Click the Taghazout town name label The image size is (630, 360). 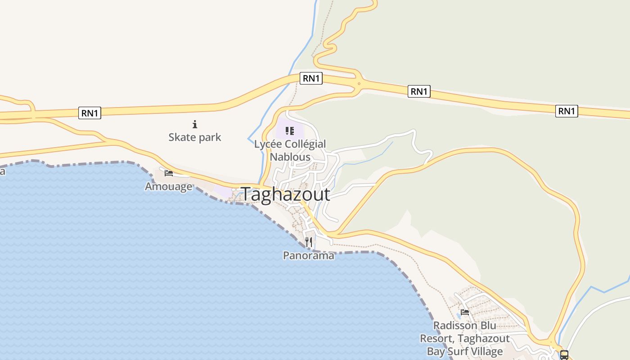pos(286,194)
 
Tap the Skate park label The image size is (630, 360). pos(195,137)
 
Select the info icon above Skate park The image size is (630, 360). pos(195,124)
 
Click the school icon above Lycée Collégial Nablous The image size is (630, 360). pos(290,131)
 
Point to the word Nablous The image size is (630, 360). pos(290,157)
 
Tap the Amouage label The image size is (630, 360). pos(168,186)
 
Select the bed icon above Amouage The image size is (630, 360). pos(169,173)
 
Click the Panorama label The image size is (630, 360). pos(309,256)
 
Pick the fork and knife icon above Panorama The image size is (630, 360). pos(309,242)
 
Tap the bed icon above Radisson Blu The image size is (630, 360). pos(465,312)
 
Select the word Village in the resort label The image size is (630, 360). pos(488,351)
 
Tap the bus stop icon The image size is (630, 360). pos(564,355)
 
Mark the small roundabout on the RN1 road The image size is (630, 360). pos(359,83)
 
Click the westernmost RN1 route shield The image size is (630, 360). pos(90,113)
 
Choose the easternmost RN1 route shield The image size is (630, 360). pos(567,111)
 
